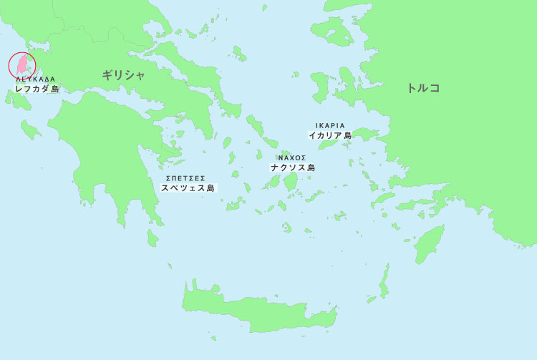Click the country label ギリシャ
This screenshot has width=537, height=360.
[123, 74]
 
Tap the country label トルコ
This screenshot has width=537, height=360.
[423, 88]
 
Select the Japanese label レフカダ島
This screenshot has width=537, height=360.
[37, 89]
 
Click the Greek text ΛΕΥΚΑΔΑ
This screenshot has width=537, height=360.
[35, 79]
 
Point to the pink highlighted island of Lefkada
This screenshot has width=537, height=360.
[22, 64]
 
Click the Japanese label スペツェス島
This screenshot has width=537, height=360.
[188, 188]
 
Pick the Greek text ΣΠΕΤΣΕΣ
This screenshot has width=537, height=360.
[185, 177]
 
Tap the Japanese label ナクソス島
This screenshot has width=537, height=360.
[292, 167]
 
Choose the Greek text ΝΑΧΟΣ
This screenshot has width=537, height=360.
[292, 157]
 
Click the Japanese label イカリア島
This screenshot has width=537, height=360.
[330, 135]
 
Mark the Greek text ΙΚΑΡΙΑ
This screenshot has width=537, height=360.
[330, 125]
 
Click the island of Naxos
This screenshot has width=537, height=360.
[291, 180]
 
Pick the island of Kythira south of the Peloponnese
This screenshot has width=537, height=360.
[153, 238]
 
